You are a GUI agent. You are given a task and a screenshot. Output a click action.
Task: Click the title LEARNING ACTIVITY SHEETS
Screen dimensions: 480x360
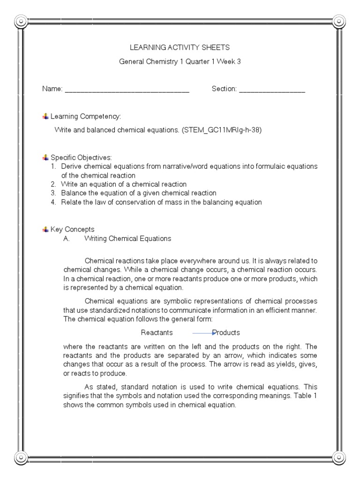pos(180,47)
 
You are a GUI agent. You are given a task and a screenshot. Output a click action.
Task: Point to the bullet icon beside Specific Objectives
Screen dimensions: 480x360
pos(45,157)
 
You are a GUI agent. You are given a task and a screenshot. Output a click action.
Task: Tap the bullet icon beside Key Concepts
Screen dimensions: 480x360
pos(45,229)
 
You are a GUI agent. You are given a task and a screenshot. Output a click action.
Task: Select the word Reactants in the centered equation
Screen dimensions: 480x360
pos(157,333)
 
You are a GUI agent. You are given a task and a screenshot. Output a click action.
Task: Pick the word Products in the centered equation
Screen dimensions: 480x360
pos(226,333)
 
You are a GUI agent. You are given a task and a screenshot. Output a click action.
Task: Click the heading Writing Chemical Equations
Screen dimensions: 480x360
pos(127,239)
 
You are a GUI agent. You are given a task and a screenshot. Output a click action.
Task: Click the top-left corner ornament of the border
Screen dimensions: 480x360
pos(21,21)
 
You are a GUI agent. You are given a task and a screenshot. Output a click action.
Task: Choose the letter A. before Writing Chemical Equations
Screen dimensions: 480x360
pos(67,239)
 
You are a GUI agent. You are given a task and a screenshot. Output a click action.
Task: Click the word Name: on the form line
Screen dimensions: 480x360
pos(52,89)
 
